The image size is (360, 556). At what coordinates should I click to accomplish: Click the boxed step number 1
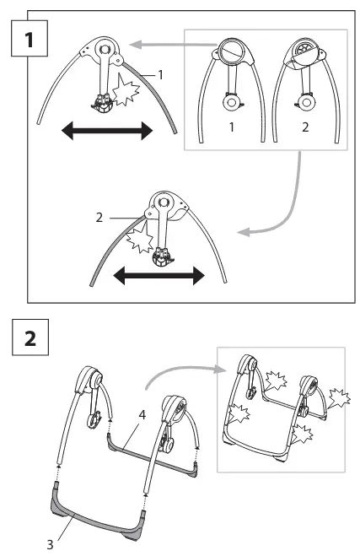pyautogui.click(x=30, y=39)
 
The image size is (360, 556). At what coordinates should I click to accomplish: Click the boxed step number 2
pyautogui.click(x=30, y=337)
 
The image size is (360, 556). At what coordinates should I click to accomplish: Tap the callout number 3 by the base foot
pyautogui.click(x=50, y=544)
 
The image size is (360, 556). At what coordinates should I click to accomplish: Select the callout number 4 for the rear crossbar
pyautogui.click(x=142, y=414)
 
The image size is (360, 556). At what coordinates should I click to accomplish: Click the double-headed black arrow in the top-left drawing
pyautogui.click(x=107, y=131)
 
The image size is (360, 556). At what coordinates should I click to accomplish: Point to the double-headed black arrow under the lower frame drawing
pyautogui.click(x=159, y=276)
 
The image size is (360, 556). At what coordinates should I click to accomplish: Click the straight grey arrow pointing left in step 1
pyautogui.click(x=174, y=45)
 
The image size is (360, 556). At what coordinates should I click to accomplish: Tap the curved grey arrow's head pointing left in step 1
pyautogui.click(x=244, y=232)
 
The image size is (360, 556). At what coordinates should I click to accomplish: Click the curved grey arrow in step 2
pyautogui.click(x=185, y=370)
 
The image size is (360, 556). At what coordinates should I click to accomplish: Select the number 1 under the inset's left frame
pyautogui.click(x=232, y=127)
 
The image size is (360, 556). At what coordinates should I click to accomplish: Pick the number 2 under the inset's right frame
pyautogui.click(x=305, y=127)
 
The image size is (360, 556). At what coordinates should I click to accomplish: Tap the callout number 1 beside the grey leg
pyautogui.click(x=160, y=75)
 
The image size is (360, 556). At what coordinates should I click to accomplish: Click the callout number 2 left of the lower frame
pyautogui.click(x=99, y=218)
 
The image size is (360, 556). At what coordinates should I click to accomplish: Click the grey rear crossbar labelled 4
pyautogui.click(x=152, y=456)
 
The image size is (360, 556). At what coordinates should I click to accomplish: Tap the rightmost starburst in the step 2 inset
pyautogui.click(x=339, y=398)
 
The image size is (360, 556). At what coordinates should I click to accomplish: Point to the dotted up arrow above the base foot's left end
pyautogui.click(x=58, y=472)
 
